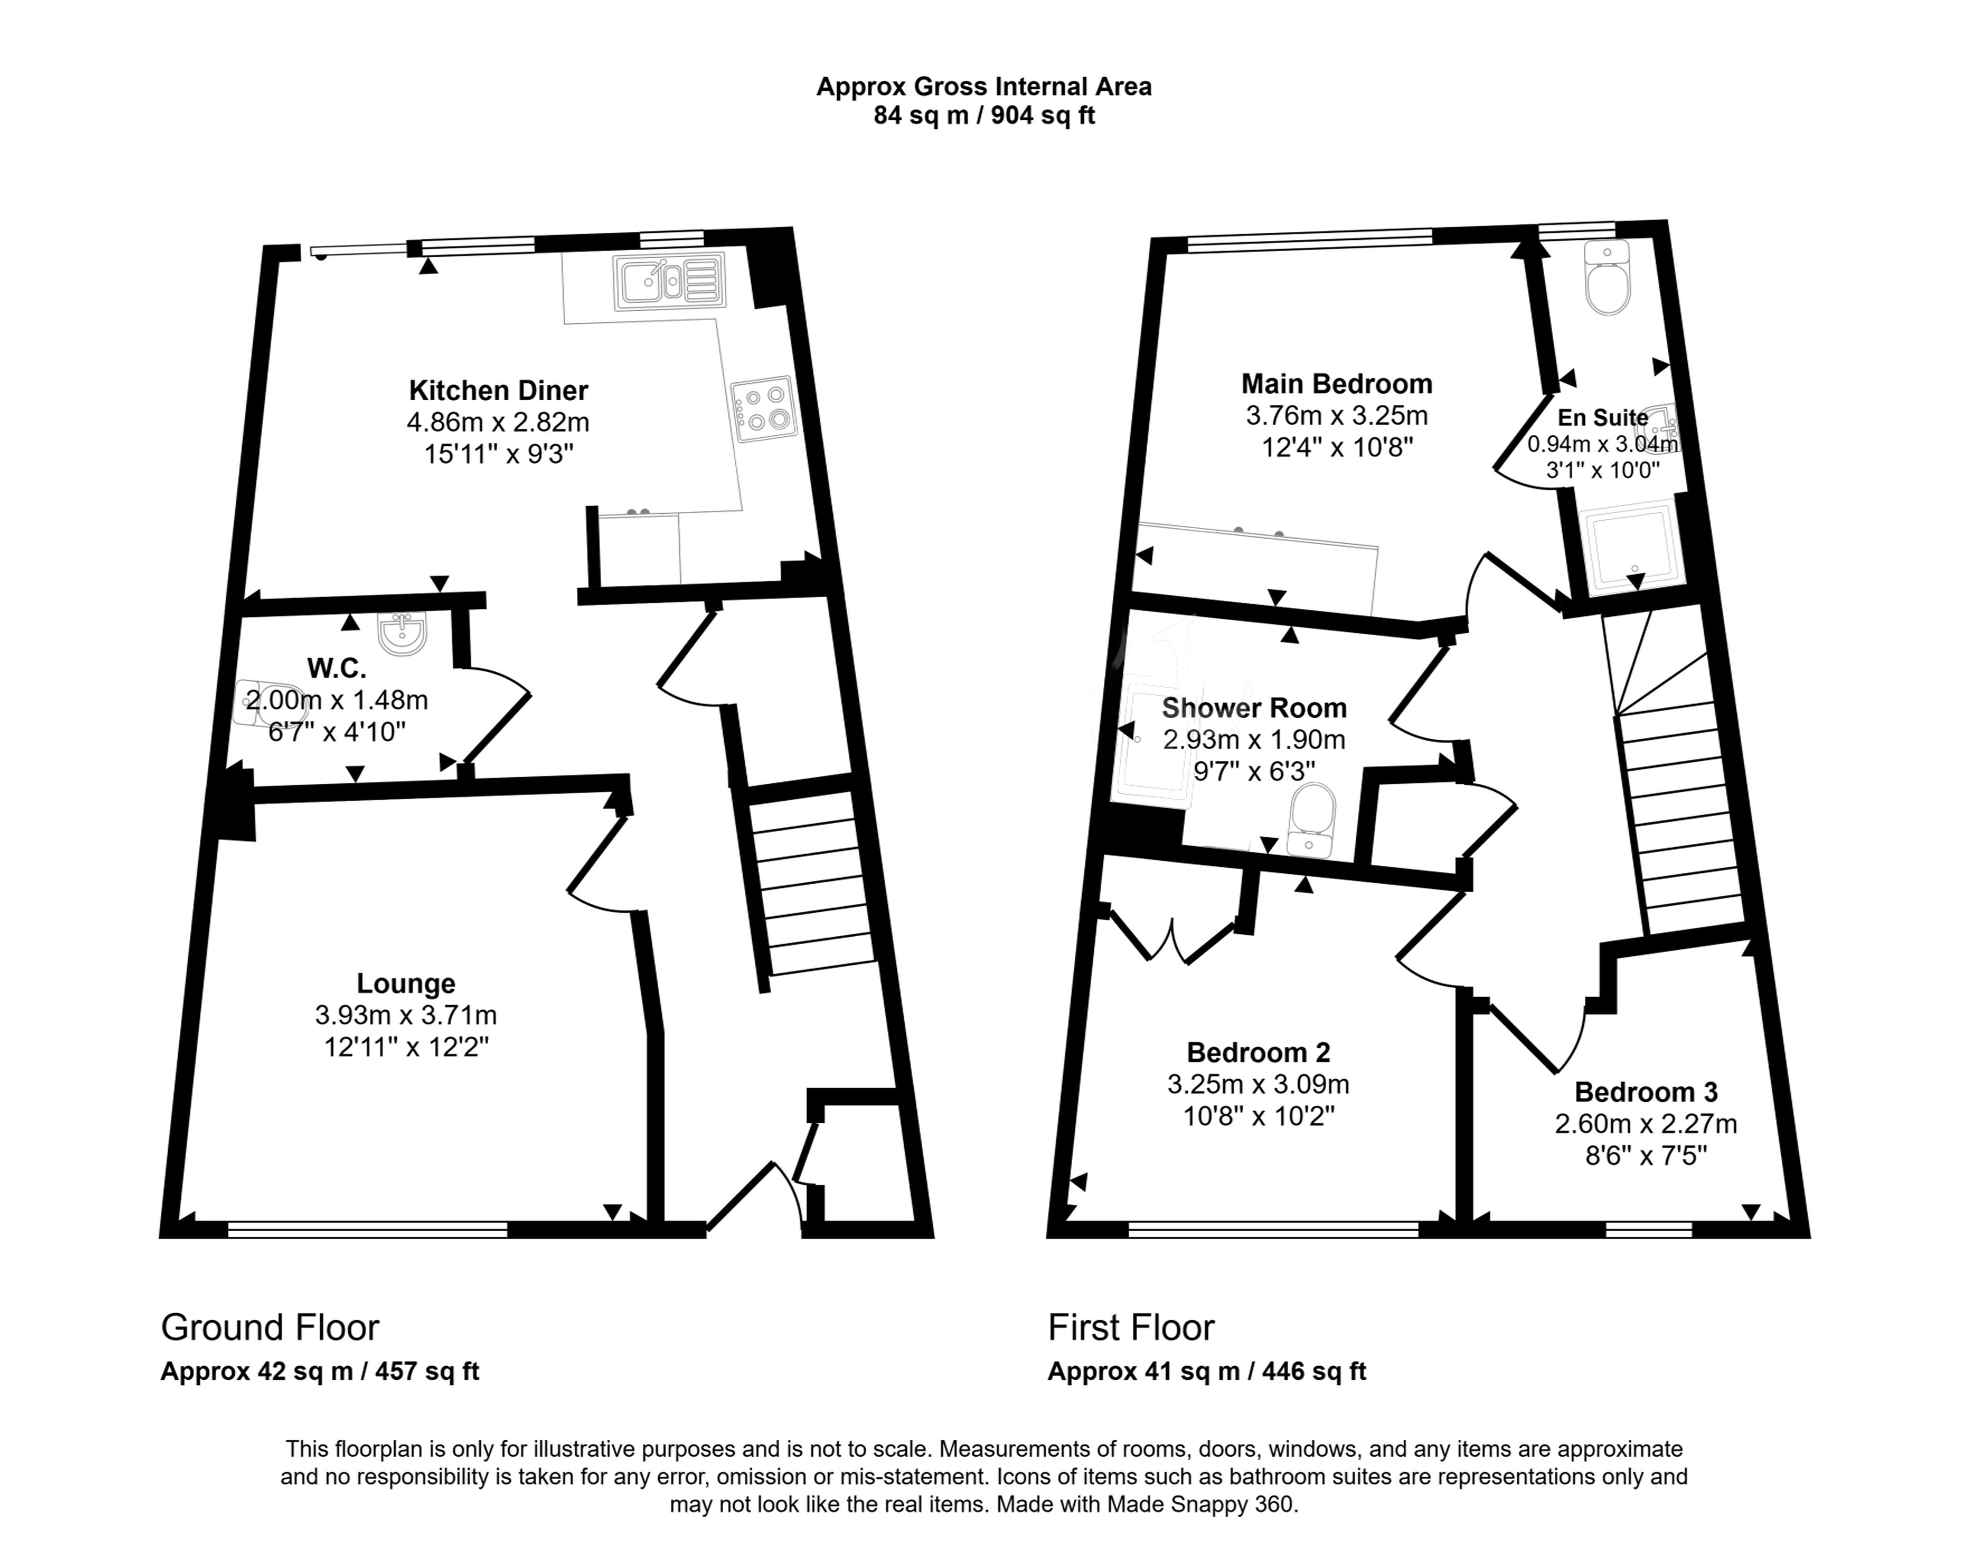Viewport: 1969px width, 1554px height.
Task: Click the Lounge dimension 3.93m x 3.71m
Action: coord(406,1014)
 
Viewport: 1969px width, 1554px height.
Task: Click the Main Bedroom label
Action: coord(1337,383)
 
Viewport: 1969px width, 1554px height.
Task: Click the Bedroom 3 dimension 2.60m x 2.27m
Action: coord(1645,1124)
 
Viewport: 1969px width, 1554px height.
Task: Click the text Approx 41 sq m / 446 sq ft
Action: coord(1207,1371)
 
